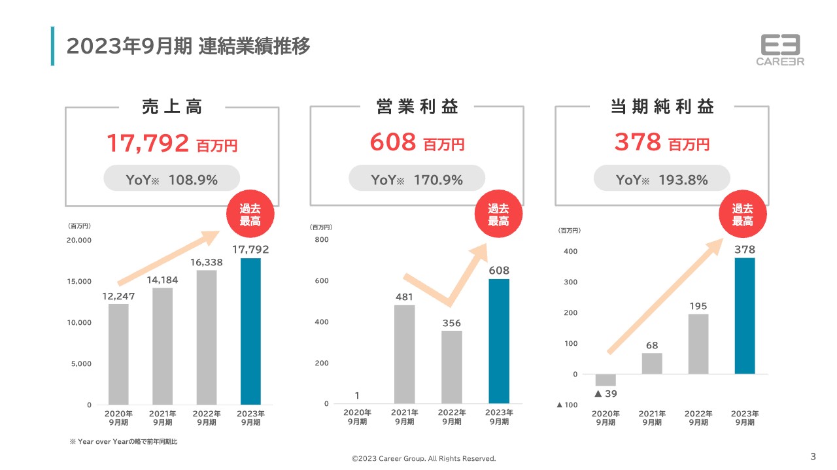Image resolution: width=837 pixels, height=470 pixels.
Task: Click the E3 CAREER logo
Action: click(x=780, y=50)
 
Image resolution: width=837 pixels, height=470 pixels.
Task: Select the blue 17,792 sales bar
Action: click(x=250, y=331)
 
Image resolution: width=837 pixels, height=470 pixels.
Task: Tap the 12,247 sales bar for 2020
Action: click(x=118, y=354)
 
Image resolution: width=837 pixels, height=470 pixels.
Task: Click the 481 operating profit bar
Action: click(x=405, y=354)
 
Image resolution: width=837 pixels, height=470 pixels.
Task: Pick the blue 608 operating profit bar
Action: click(x=499, y=341)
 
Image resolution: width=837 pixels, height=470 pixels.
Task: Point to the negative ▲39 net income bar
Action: click(x=606, y=380)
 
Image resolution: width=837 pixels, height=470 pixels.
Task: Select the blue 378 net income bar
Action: click(x=745, y=316)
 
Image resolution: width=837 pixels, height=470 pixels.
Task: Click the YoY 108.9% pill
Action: click(x=171, y=179)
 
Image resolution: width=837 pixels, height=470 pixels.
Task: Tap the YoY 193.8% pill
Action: click(x=662, y=179)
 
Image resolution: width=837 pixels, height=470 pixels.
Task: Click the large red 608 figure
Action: click(x=393, y=142)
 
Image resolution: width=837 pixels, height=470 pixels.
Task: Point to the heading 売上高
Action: click(x=171, y=107)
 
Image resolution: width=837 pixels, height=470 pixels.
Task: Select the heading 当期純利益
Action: click(x=662, y=107)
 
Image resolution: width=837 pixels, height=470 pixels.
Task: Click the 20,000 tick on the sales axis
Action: click(x=80, y=240)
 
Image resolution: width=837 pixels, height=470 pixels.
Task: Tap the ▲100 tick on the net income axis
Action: click(x=567, y=405)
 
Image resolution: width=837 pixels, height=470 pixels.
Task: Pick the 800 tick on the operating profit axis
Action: click(x=322, y=240)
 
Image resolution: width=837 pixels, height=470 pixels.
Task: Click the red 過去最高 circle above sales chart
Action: click(x=250, y=215)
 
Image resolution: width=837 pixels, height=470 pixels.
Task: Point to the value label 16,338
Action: click(x=207, y=262)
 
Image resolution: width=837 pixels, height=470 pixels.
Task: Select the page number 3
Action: click(x=813, y=456)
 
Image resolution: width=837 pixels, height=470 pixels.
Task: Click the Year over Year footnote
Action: click(x=124, y=442)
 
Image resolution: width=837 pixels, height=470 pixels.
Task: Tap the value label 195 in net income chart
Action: click(x=698, y=306)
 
